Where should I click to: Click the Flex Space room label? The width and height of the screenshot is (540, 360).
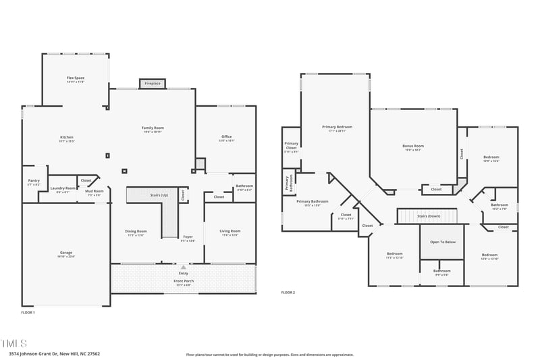tap(75, 78)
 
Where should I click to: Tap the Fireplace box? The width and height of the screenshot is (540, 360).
tap(153, 83)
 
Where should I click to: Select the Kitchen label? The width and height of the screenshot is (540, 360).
tap(66, 138)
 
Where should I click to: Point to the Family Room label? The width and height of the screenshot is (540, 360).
tap(153, 128)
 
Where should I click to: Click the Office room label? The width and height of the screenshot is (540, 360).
tap(225, 137)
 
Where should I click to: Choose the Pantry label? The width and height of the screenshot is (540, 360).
tap(34, 181)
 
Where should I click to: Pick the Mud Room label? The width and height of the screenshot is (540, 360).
tap(94, 191)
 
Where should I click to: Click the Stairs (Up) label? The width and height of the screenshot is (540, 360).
tap(159, 195)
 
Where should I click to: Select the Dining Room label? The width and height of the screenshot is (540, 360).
tap(136, 232)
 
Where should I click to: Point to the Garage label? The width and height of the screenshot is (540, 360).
tap(65, 253)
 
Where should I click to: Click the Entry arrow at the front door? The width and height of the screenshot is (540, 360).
tap(183, 267)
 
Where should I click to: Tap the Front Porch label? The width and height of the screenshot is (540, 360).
tap(183, 281)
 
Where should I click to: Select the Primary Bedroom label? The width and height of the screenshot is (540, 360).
tap(336, 127)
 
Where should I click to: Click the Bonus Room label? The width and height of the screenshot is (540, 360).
tap(412, 146)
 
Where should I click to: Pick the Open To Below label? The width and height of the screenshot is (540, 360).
tap(442, 242)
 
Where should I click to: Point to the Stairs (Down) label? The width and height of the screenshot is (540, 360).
tap(429, 216)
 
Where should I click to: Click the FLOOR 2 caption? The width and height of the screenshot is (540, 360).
tap(288, 292)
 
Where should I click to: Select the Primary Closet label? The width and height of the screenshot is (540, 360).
tap(291, 145)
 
